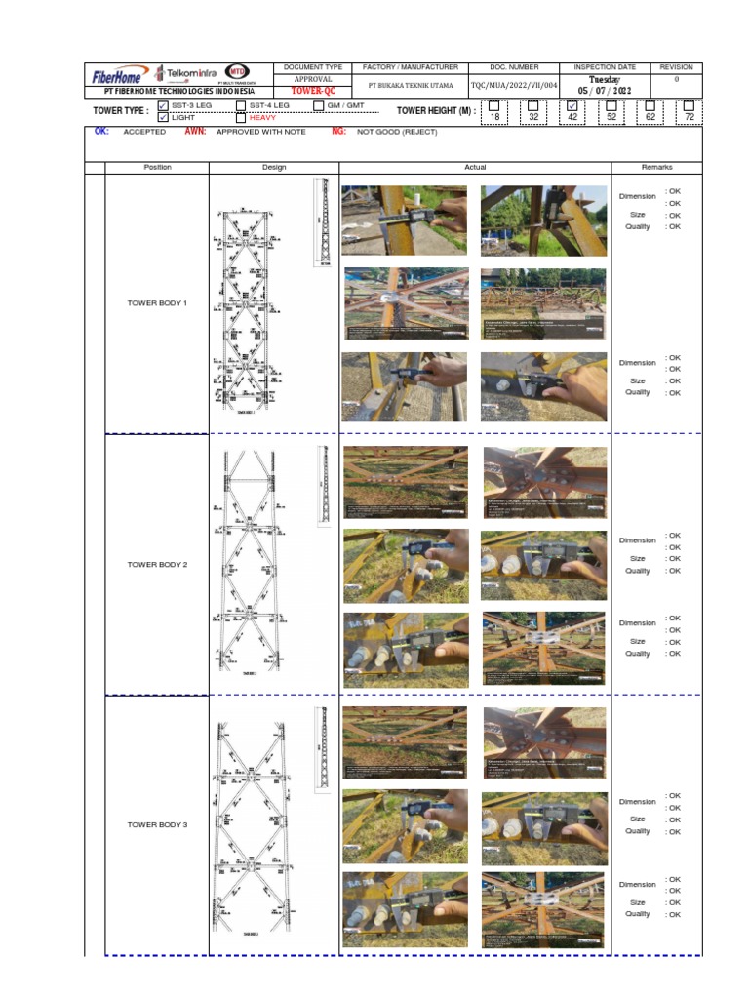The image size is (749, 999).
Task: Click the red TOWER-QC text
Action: pos(313,91)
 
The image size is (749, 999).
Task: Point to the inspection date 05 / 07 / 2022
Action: pos(605,91)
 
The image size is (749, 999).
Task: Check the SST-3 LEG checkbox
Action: pos(163,105)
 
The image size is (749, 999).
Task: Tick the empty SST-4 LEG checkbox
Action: pos(241,105)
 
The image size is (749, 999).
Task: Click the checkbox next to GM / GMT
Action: pos(319,105)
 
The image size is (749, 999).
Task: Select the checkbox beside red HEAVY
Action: pos(241,117)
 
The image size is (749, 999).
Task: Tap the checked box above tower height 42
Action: pos(572,105)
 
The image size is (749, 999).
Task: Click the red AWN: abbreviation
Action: pos(195,131)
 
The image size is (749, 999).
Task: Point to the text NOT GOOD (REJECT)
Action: pos(397,131)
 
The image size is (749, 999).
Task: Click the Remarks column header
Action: pos(656,168)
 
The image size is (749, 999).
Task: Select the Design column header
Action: pos(274,168)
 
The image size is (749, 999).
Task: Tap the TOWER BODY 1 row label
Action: pos(157,303)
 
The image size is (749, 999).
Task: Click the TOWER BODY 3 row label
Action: pos(157,825)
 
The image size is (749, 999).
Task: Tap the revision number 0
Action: pos(676,79)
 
